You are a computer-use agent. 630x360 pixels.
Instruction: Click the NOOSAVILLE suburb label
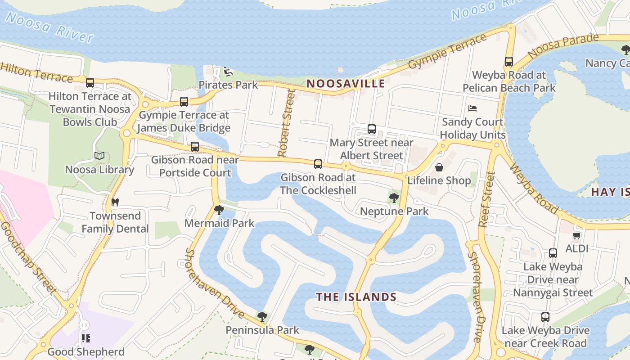(x=346, y=83)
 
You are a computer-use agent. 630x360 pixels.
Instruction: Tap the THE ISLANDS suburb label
(x=356, y=297)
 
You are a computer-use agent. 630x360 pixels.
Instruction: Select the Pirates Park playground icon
(x=228, y=72)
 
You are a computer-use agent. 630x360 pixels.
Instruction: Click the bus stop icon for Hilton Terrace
(x=90, y=83)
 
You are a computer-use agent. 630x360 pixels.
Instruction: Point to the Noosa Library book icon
(x=99, y=156)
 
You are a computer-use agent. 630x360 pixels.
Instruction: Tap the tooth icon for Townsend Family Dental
(x=115, y=202)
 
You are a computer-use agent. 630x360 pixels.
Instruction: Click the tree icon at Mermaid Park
(x=219, y=210)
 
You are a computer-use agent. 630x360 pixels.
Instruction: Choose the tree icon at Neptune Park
(x=394, y=197)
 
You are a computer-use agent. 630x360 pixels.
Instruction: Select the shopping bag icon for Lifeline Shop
(x=439, y=167)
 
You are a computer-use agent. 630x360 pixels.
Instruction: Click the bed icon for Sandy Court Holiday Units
(x=472, y=108)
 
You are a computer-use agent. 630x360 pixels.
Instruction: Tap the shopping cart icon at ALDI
(x=576, y=235)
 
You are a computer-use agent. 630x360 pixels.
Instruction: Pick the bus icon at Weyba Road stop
(x=509, y=62)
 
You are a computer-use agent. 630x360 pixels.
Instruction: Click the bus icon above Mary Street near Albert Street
(x=372, y=129)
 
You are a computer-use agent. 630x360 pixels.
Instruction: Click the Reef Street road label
(x=487, y=199)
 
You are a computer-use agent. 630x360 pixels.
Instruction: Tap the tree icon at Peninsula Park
(x=262, y=317)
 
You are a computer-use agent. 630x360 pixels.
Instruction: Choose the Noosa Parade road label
(x=563, y=45)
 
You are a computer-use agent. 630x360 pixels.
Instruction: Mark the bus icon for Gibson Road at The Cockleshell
(x=318, y=164)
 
